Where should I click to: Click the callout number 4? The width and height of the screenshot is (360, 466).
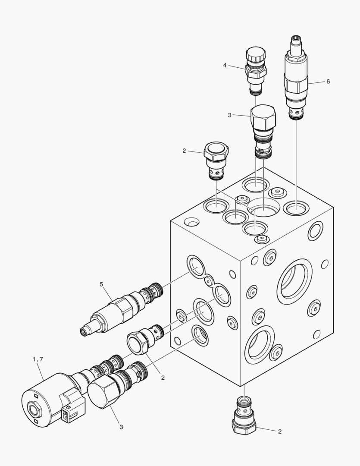tap(225, 65)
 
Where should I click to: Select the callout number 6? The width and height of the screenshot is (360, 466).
tap(328, 81)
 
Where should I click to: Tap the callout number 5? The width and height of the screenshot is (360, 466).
tap(102, 284)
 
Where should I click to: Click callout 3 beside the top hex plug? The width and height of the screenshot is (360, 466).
tap(230, 115)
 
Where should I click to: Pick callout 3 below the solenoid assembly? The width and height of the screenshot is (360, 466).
tap(121, 427)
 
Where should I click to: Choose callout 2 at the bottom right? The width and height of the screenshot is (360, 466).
tap(279, 431)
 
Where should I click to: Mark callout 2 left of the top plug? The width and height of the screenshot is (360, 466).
tap(184, 151)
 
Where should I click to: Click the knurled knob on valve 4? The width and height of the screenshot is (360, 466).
tap(253, 56)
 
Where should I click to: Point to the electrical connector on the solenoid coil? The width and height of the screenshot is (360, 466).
tap(69, 410)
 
